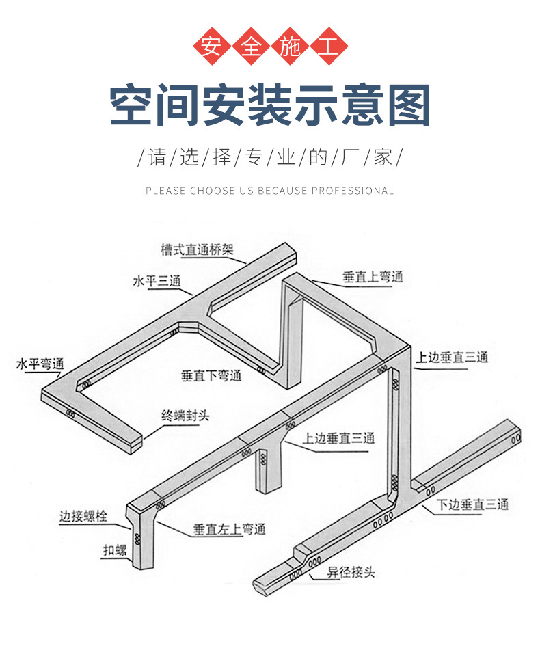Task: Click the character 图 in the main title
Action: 407,106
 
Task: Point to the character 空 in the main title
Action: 133,106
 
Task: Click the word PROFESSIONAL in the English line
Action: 353,191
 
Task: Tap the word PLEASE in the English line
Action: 165,191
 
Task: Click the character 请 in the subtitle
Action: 157,157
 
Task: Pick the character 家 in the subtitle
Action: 382,157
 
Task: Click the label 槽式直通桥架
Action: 197,249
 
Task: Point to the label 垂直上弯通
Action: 373,277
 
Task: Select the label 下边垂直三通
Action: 473,504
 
